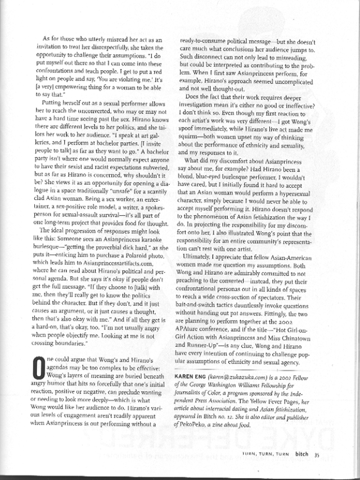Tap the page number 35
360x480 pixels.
click(318, 455)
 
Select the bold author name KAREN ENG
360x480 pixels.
click(197, 374)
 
